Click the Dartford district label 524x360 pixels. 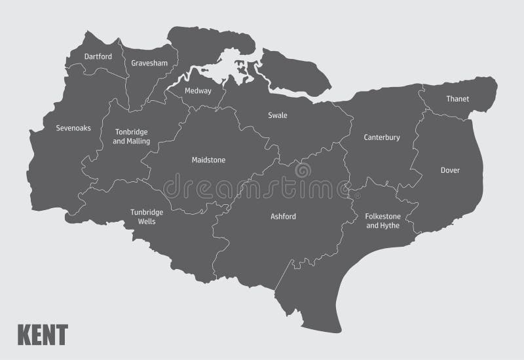[98, 56]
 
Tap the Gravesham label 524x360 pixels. [149, 63]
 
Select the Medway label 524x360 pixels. [198, 91]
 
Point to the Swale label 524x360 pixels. [278, 115]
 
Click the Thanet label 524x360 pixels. [458, 99]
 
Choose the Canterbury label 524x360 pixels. [382, 137]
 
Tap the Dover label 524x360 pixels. [450, 170]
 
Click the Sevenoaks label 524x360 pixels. [73, 128]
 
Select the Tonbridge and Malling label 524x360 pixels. [132, 136]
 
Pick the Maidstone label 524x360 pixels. [208, 160]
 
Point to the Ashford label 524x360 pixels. [284, 216]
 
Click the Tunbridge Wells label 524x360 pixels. [147, 217]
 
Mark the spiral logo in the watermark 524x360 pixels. [303, 172]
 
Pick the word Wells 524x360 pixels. [147, 221]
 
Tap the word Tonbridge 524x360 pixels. [132, 132]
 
